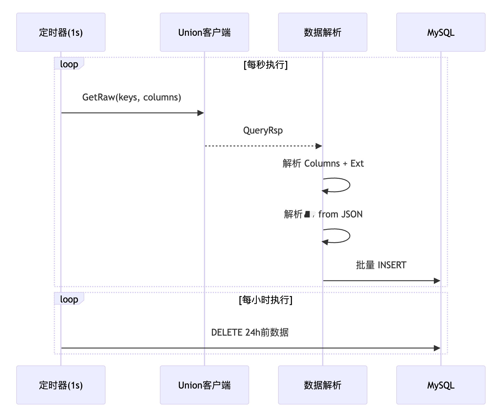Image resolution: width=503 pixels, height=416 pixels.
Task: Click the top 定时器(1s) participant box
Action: point(61,32)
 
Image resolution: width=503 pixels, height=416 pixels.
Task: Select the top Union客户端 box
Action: point(204,32)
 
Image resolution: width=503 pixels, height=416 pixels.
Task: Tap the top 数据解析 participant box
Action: point(322,32)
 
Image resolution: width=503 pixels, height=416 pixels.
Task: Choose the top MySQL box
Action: point(441,32)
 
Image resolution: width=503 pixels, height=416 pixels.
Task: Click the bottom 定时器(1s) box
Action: point(61,385)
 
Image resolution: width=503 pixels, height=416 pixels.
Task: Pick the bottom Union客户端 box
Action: point(204,385)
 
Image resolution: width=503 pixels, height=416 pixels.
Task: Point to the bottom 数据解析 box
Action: point(322,385)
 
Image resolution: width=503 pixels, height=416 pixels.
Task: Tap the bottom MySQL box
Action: point(441,385)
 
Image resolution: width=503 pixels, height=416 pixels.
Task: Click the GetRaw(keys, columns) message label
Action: point(132,97)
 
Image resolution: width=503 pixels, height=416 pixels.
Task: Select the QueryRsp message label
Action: point(263,130)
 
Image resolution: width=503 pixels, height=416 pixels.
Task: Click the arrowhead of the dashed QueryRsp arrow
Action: point(319,146)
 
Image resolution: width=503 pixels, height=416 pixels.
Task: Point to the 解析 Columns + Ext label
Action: point(323,163)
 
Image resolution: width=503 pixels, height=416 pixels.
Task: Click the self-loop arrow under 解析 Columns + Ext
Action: point(343,185)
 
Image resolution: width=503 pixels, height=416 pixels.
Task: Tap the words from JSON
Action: point(340,214)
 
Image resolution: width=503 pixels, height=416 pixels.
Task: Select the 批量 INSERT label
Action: point(381,265)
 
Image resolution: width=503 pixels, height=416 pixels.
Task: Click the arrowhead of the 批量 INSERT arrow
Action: point(437,281)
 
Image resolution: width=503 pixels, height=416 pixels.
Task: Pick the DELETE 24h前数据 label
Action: point(250,332)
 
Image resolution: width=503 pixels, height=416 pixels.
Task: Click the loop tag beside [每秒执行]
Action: point(69,64)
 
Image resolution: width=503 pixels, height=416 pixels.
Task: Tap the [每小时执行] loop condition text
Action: point(265,300)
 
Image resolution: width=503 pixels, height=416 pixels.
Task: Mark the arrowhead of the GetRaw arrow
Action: point(201,113)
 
